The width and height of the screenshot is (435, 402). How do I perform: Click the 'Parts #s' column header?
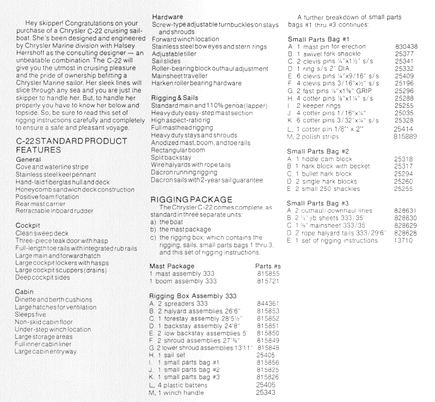[267, 267]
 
